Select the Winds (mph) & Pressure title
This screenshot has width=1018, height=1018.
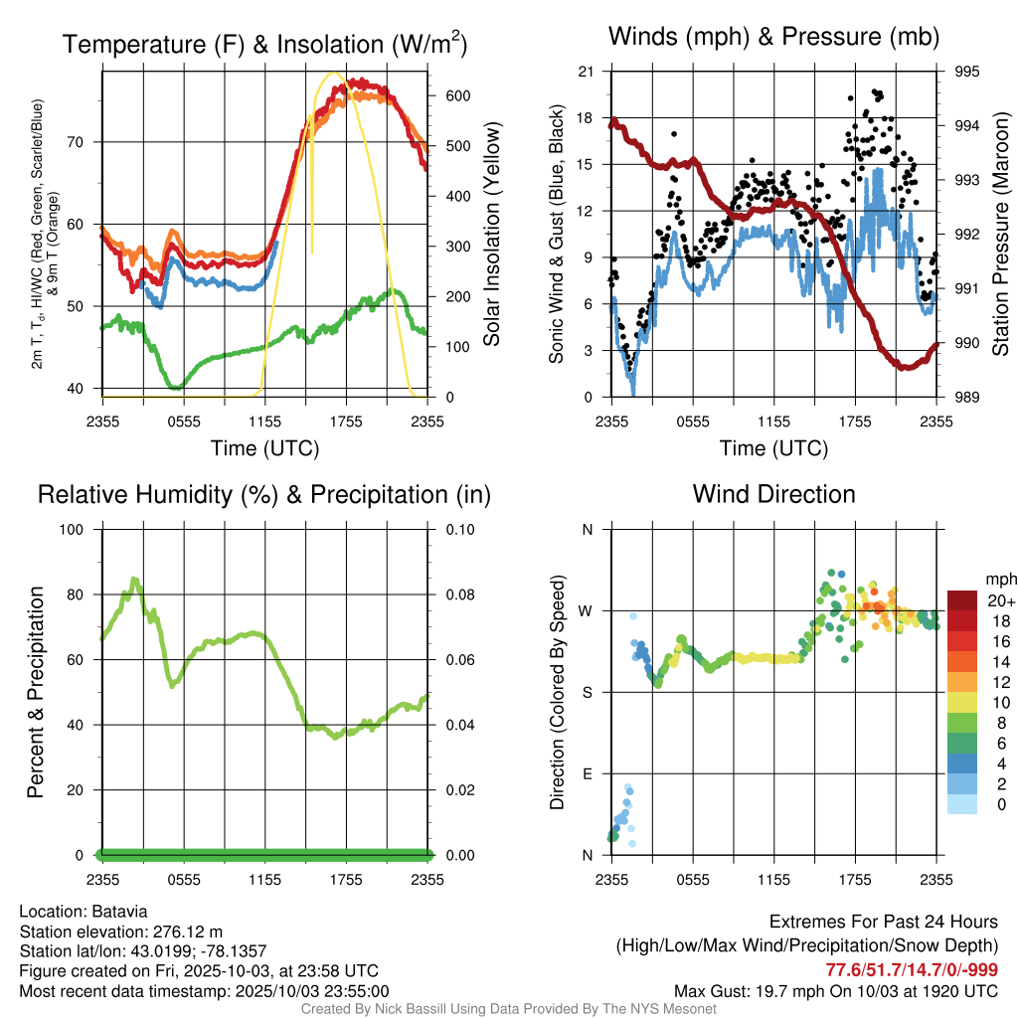pyautogui.click(x=774, y=37)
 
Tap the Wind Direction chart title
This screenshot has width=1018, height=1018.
pyautogui.click(x=774, y=494)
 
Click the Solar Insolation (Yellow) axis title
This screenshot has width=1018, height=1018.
pyautogui.click(x=491, y=235)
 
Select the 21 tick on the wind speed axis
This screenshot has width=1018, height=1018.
pyautogui.click(x=587, y=72)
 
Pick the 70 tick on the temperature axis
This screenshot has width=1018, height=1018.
pyautogui.click(x=85, y=142)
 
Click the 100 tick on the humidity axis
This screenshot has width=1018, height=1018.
pyautogui.click(x=80, y=529)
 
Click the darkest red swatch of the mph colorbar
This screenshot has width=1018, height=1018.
pyautogui.click(x=962, y=600)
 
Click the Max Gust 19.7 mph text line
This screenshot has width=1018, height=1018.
pyautogui.click(x=836, y=990)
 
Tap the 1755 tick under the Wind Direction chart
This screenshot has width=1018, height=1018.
pyautogui.click(x=855, y=879)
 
